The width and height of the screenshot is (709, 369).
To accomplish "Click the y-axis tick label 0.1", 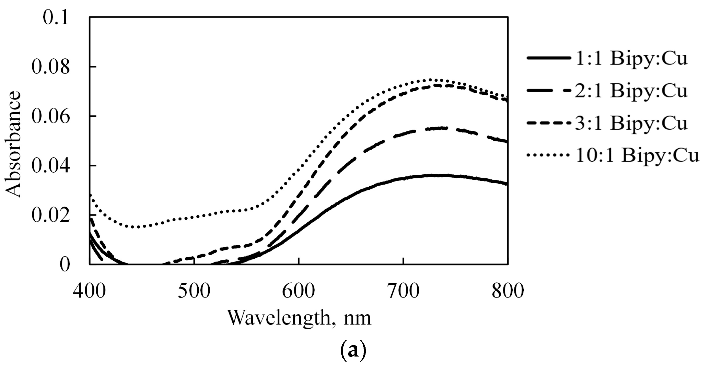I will (x=56, y=18).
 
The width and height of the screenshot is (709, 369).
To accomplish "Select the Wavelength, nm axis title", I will (x=299, y=318).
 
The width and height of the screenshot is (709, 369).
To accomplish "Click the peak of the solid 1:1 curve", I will (x=434, y=175).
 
